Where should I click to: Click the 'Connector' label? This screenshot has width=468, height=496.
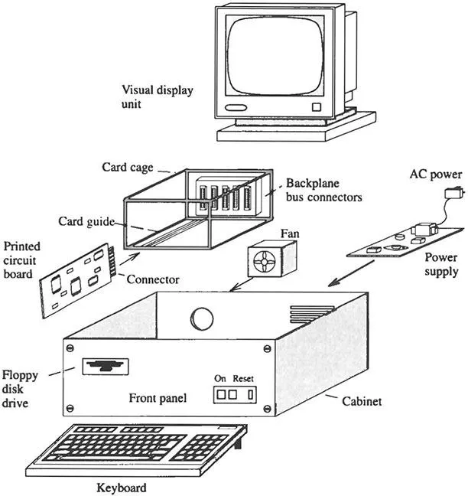coord(154,279)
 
